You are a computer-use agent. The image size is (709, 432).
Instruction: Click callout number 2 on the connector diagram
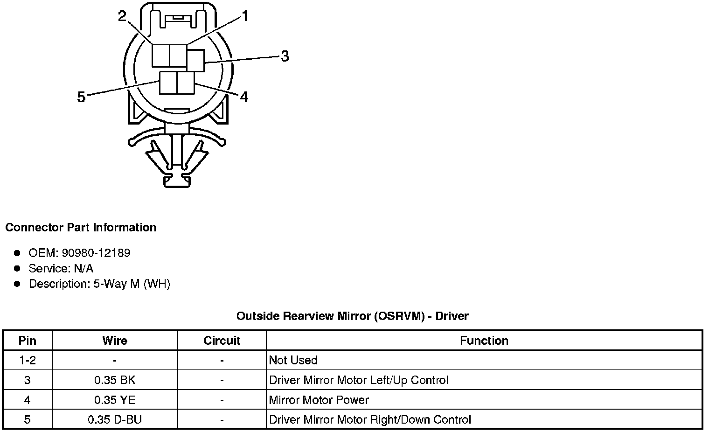(122, 17)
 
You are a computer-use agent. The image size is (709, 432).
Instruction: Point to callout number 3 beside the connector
(284, 56)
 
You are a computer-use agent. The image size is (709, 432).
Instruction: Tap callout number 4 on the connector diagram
(243, 97)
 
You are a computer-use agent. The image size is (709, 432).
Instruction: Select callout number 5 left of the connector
(81, 97)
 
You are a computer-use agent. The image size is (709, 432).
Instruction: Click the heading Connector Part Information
(81, 228)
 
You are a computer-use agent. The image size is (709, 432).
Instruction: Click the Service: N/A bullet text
(61, 269)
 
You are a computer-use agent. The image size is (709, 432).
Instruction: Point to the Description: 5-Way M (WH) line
(99, 284)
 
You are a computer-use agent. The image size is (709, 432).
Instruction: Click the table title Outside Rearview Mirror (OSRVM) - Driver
(352, 316)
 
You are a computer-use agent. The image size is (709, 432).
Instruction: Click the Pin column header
(27, 341)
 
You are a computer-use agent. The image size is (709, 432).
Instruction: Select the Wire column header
(115, 341)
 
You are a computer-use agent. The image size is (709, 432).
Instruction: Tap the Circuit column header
(222, 341)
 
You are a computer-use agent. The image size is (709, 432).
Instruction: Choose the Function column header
(484, 341)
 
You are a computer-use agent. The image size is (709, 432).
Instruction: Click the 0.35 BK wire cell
(115, 380)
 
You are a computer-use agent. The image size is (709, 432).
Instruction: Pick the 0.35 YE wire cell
(115, 400)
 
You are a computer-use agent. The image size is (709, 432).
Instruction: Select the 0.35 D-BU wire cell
(115, 420)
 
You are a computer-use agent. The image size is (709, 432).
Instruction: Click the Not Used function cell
(293, 361)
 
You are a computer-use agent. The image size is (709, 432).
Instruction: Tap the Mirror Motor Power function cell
(319, 400)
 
